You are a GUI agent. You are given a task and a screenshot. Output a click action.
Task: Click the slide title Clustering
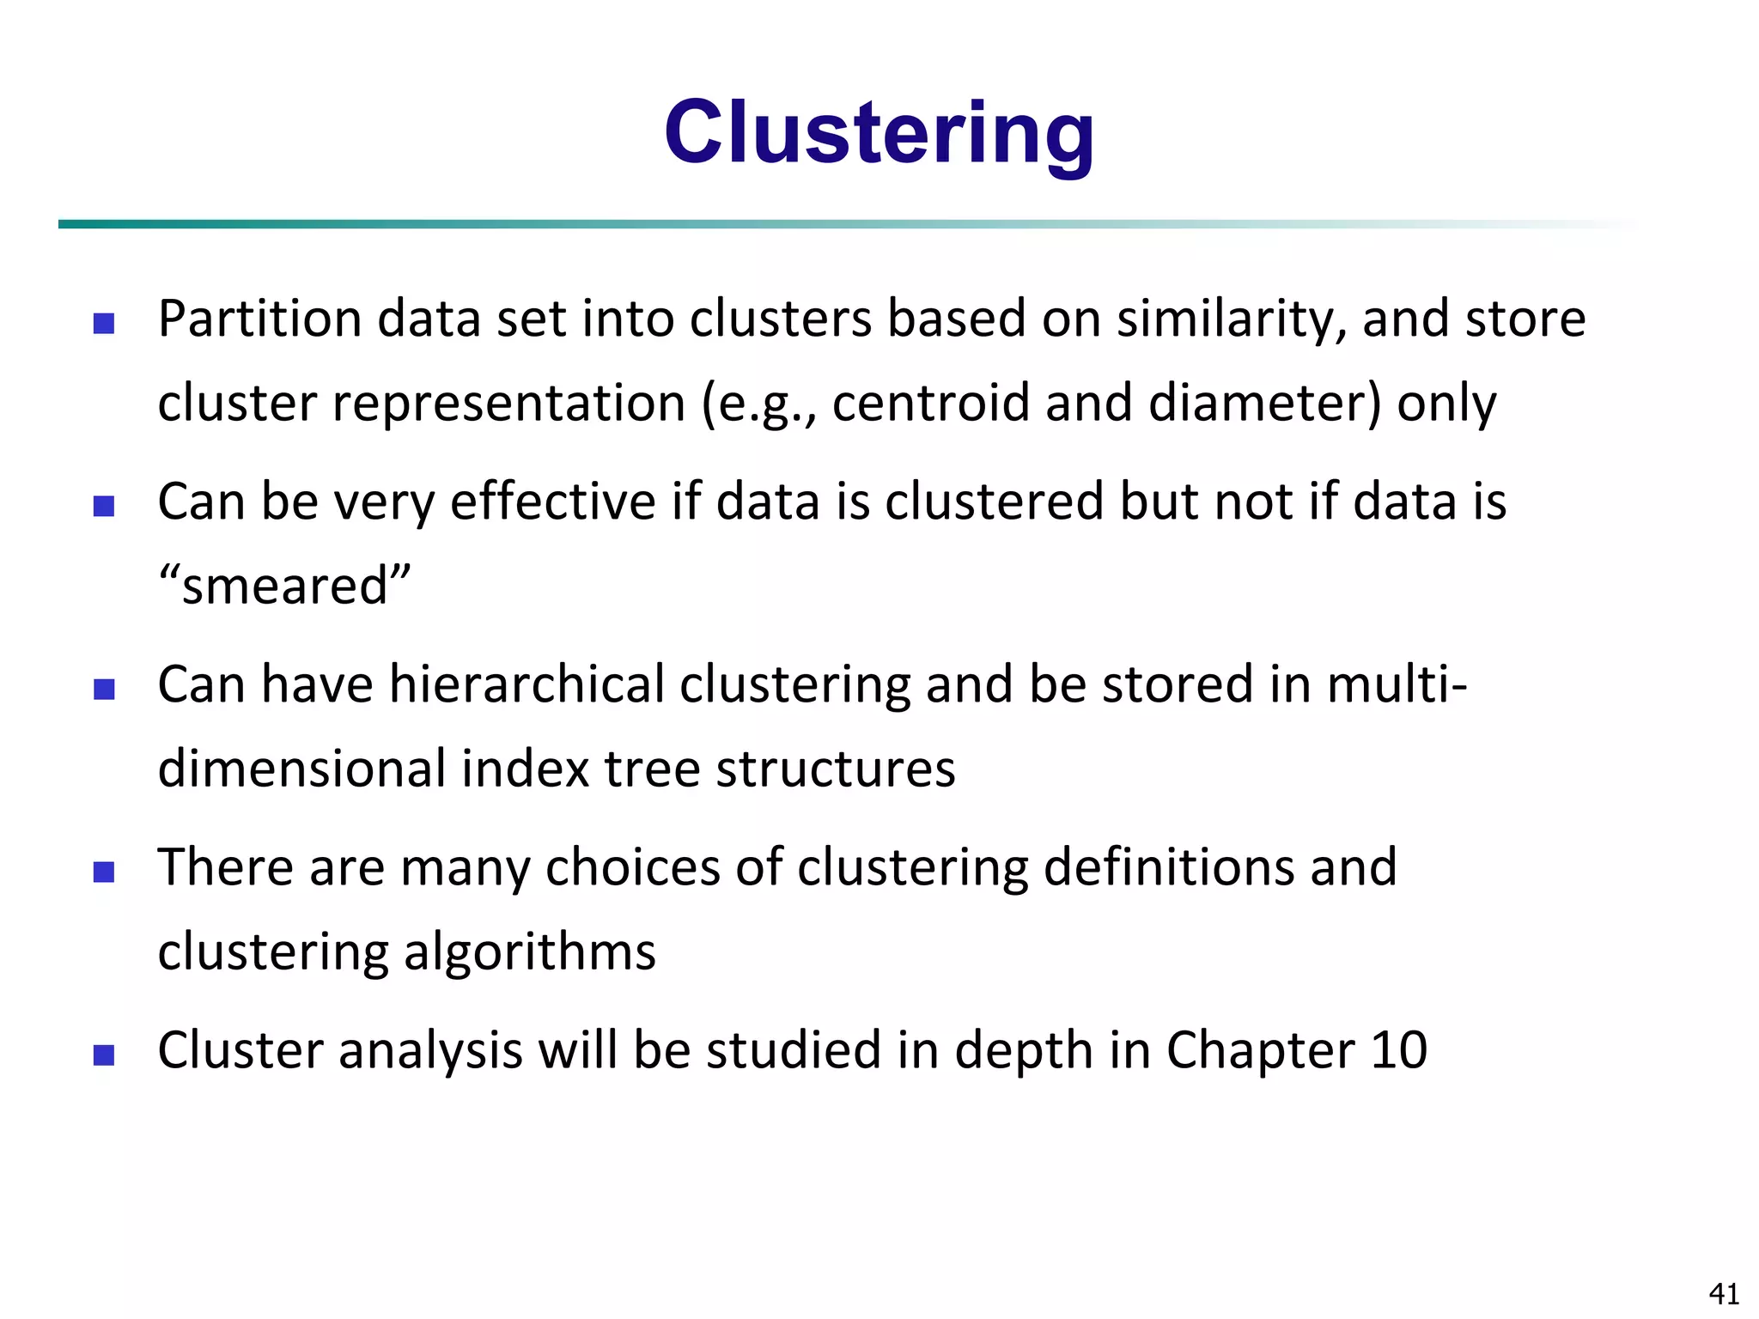pos(879,133)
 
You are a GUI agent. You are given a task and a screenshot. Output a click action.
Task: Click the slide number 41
pos(1724,1293)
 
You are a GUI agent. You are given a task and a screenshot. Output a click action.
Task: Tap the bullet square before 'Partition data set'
pos(104,323)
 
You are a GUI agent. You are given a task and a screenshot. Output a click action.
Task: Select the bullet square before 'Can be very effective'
pos(104,506)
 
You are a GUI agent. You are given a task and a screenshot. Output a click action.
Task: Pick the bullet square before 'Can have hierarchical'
pos(104,689)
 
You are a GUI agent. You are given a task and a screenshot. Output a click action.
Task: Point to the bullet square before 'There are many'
pos(104,872)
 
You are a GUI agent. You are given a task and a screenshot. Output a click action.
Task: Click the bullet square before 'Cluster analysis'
pos(104,1055)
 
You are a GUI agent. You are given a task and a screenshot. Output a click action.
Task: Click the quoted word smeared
pos(284,587)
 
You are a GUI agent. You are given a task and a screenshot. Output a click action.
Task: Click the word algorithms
pos(529,952)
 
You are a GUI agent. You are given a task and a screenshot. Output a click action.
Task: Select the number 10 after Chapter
pos(1398,1050)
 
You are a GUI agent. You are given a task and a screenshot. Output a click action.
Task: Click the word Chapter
pos(1260,1050)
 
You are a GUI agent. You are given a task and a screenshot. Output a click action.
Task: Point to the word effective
pos(553,501)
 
